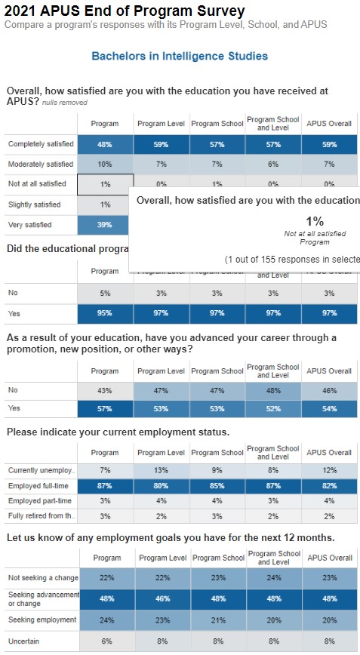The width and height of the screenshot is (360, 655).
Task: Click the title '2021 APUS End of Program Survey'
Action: tap(125, 11)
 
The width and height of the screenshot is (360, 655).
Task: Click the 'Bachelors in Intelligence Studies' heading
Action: tap(180, 57)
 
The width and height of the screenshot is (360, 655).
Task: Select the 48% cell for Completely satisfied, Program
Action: tap(105, 143)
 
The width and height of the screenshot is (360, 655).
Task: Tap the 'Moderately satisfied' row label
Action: tap(41, 164)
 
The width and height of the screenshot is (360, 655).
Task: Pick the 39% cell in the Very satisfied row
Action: tap(105, 225)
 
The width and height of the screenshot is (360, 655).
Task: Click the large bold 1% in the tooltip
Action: tap(315, 221)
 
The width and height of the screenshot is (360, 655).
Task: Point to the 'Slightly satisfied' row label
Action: tap(35, 204)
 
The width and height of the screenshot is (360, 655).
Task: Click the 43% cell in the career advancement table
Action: tap(105, 390)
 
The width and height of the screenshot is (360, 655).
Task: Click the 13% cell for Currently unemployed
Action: tap(161, 470)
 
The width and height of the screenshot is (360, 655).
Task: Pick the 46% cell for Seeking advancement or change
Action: tap(161, 598)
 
